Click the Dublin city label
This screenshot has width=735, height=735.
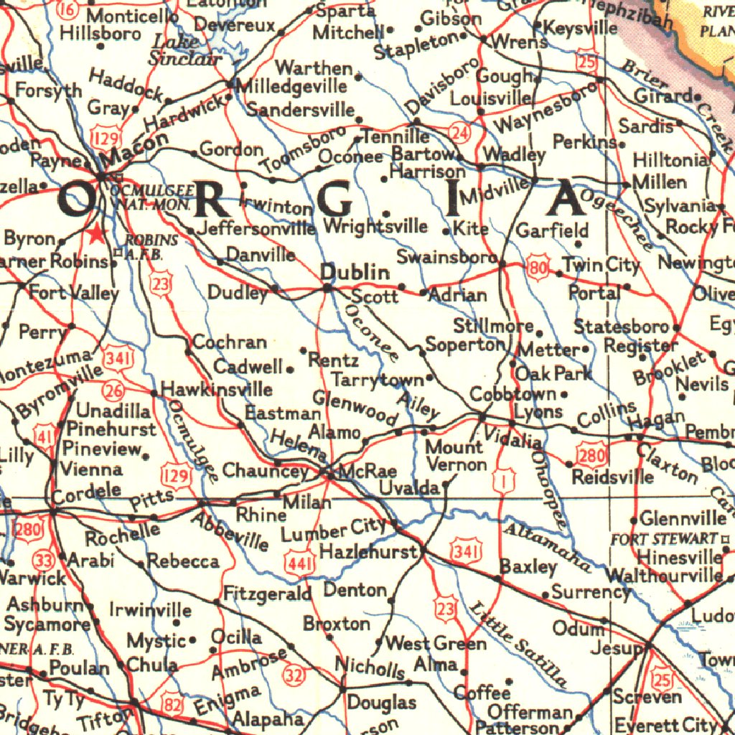(355, 273)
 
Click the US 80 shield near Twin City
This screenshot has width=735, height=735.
(538, 266)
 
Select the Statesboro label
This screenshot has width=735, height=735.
(622, 327)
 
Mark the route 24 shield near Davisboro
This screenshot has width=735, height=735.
(460, 133)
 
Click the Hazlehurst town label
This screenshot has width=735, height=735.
(367, 552)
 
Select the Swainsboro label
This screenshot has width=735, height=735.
(447, 256)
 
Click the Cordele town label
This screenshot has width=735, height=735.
(86, 492)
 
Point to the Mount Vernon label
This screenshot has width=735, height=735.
(456, 456)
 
